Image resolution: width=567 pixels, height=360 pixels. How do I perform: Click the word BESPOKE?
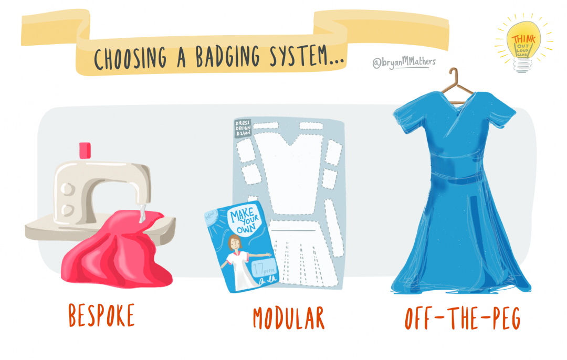coord(101,315)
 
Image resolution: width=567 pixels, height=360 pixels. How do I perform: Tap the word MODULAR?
coord(288,318)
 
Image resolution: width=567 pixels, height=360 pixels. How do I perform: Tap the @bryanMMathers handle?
coord(404,63)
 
